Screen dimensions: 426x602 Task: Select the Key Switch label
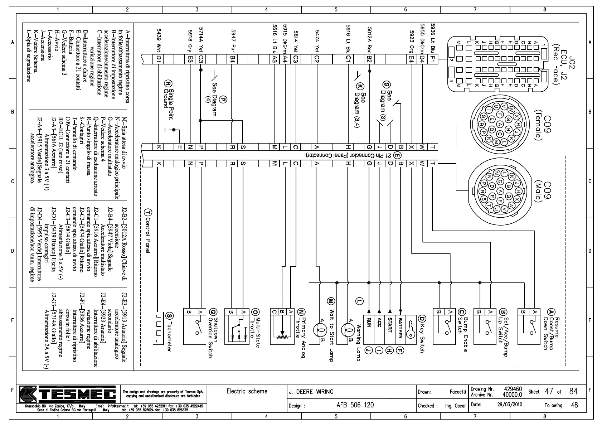422,334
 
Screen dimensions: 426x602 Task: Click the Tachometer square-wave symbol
158,328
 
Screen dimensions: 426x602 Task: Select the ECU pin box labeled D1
159,59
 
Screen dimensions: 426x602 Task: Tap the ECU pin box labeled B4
233,59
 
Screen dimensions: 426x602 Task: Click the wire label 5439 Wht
159,40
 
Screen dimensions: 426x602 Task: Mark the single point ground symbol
169,129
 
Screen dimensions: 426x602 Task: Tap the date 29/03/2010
510,405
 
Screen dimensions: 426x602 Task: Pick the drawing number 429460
513,389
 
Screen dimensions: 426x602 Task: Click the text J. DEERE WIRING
311,392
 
